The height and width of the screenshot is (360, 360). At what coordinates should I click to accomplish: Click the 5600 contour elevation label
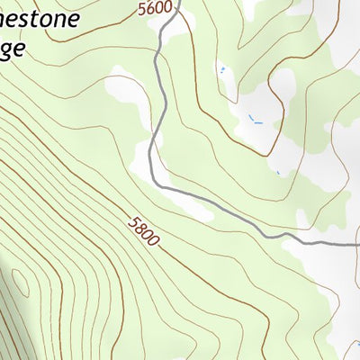[155, 8]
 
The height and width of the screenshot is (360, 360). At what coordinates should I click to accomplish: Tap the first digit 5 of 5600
[143, 8]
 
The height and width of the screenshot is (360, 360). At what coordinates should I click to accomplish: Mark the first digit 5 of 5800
[132, 220]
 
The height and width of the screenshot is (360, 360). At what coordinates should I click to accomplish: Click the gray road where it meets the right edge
[357, 243]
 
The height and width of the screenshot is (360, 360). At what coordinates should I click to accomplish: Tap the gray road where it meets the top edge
[178, 3]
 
